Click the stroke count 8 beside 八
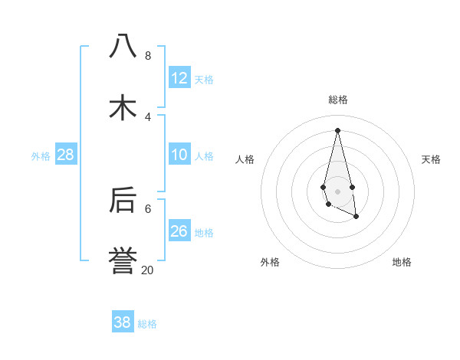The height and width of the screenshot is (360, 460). point(147,56)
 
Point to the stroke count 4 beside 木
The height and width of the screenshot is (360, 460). point(147,116)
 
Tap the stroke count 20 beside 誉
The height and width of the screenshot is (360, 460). point(147,270)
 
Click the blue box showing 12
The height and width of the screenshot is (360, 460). point(179,78)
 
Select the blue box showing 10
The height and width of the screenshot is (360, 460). point(179,155)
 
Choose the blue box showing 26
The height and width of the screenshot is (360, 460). point(179,231)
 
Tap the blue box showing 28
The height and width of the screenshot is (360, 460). point(66,155)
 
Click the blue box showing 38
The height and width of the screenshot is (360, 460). point(123,322)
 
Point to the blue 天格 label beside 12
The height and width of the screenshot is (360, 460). point(204,80)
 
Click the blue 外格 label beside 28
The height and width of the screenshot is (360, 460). point(41,156)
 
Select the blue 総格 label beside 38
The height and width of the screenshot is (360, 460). point(147,324)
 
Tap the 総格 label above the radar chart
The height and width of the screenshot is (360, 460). point(338,100)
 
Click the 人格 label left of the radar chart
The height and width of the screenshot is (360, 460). point(245,159)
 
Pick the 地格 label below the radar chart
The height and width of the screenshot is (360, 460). point(402,262)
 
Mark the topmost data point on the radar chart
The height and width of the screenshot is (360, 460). point(337,130)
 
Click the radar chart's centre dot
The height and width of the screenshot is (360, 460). point(337,191)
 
